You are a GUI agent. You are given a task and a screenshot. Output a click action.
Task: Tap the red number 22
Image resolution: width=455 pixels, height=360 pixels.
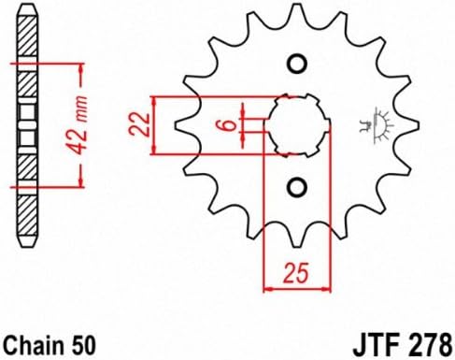click(x=140, y=124)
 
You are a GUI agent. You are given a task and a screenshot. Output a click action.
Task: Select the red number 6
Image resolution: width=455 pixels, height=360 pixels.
click(x=230, y=125)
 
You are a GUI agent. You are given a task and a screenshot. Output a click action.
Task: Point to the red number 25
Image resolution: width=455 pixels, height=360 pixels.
click(x=296, y=273)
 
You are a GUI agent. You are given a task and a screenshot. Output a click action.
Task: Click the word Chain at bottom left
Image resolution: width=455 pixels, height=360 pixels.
click(x=34, y=345)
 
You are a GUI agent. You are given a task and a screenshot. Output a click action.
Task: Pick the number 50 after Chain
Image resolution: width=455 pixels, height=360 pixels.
click(x=81, y=345)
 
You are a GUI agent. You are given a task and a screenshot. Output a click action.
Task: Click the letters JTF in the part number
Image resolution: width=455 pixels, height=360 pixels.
click(x=377, y=346)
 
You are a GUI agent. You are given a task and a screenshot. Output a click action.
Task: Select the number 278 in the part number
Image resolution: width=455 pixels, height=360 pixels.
click(x=430, y=346)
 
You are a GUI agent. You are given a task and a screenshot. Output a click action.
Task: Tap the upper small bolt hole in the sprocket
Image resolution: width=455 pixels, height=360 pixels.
click(x=297, y=65)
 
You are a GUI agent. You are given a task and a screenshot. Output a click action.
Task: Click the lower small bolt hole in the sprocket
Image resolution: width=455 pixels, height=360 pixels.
click(x=297, y=187)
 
